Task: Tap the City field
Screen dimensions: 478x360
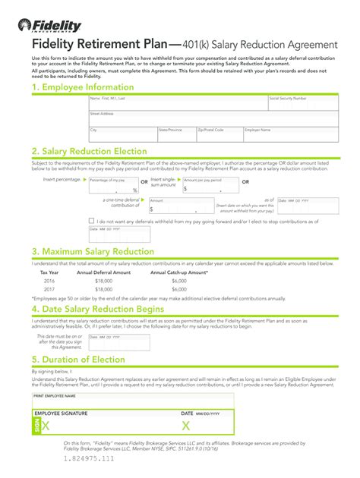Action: pos(122,134)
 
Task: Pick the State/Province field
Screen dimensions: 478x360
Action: pos(175,134)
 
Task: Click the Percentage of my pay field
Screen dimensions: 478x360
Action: pos(113,187)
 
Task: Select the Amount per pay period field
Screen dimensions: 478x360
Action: pos(209,187)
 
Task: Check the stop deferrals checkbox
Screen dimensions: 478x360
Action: pos(92,221)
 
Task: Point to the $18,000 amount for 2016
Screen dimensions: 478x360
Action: pos(103,280)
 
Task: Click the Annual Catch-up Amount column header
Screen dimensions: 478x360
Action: pos(179,272)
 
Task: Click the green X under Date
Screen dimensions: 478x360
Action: pos(186,426)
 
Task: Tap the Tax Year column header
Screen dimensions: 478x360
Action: pos(49,272)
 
